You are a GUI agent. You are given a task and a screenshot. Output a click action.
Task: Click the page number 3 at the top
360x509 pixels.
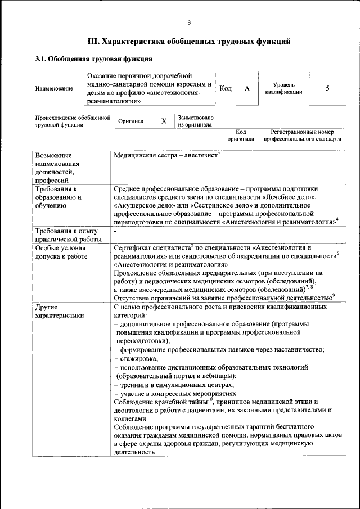coord(189,22)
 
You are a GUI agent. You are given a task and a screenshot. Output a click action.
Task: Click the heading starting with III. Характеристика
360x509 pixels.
coord(189,41)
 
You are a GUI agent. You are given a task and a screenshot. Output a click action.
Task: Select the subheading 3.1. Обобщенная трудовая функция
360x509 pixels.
coord(93,59)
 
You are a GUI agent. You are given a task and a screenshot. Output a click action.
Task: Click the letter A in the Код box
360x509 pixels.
coord(246,88)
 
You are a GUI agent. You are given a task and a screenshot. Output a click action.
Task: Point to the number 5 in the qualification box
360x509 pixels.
coord(327,88)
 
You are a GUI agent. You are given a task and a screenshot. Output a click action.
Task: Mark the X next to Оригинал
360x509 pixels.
coord(164,121)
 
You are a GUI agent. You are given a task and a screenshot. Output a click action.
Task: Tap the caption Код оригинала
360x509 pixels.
coord(241,135)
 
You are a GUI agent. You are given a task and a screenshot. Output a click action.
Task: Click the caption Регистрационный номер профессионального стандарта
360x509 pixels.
coord(302,135)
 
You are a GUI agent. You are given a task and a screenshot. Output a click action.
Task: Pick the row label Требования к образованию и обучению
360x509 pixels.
coord(60,197)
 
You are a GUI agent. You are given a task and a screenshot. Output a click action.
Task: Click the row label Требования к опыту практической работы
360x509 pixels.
coord(67,236)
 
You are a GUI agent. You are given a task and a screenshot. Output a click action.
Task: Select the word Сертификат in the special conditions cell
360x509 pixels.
coord(132,247)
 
